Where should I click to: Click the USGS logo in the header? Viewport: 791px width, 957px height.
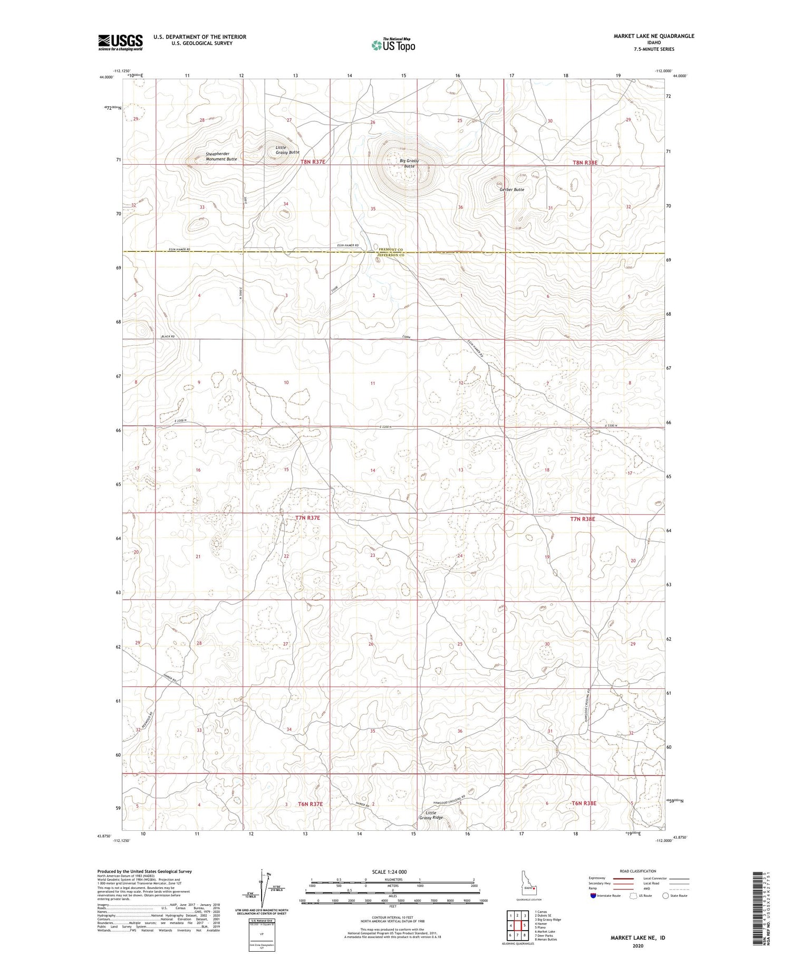(x=120, y=42)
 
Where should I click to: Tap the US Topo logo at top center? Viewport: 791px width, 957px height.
(x=393, y=45)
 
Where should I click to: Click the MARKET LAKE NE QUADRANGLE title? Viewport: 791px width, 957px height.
(x=653, y=36)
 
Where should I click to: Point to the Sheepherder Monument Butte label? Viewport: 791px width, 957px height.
(x=221, y=157)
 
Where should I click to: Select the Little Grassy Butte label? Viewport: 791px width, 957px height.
(x=287, y=150)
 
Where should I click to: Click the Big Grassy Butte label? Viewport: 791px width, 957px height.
(x=409, y=163)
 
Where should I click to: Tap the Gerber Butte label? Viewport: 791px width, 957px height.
(x=512, y=189)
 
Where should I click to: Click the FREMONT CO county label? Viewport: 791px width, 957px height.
(x=391, y=249)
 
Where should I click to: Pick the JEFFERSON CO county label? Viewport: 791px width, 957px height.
(x=391, y=255)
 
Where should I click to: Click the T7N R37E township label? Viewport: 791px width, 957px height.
(x=307, y=518)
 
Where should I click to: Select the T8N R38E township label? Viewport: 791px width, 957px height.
(x=585, y=163)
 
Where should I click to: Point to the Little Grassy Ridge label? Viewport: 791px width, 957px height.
(x=431, y=815)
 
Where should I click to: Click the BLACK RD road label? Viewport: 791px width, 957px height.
(x=168, y=336)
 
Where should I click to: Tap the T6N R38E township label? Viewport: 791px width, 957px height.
(x=584, y=803)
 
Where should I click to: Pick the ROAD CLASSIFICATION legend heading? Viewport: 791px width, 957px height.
(x=638, y=871)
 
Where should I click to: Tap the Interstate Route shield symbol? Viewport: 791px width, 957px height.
(x=593, y=896)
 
